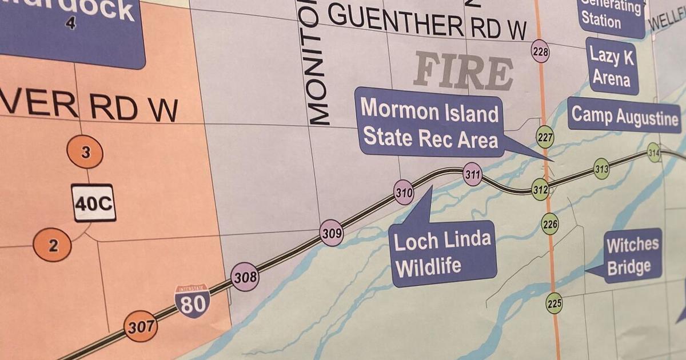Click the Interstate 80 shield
[192, 301]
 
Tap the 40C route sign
[94, 203]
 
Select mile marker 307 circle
[141, 326]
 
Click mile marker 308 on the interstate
[245, 278]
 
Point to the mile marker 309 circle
[332, 233]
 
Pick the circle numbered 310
[404, 193]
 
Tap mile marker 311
[472, 174]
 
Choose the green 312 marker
[540, 189]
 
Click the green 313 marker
[601, 169]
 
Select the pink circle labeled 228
[540, 52]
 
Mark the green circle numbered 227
[545, 137]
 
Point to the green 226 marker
[550, 224]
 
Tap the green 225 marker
[554, 303]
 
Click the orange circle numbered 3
[85, 153]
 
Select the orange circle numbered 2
[53, 246]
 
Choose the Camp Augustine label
[625, 116]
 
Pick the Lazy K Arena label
[612, 66]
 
